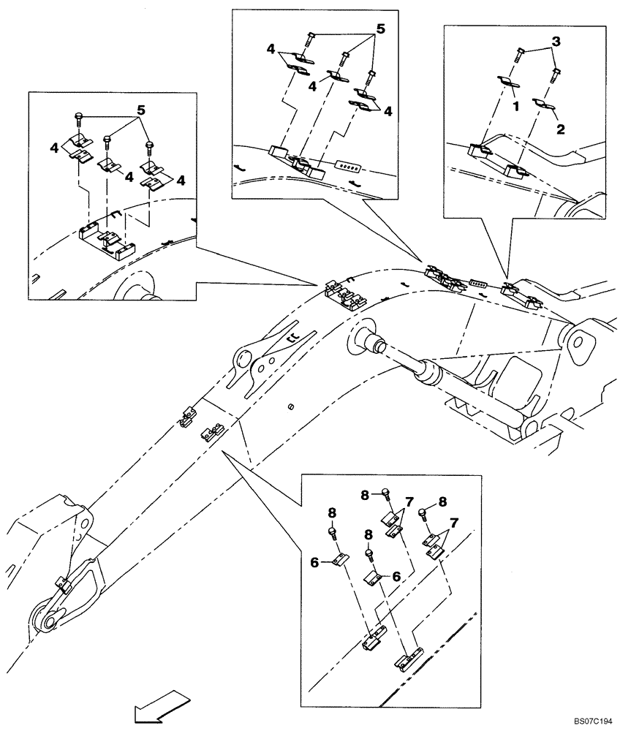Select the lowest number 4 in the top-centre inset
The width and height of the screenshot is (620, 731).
click(x=389, y=112)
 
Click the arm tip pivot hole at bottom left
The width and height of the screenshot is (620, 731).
click(x=45, y=621)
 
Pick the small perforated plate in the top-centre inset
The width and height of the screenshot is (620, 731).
click(x=342, y=167)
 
